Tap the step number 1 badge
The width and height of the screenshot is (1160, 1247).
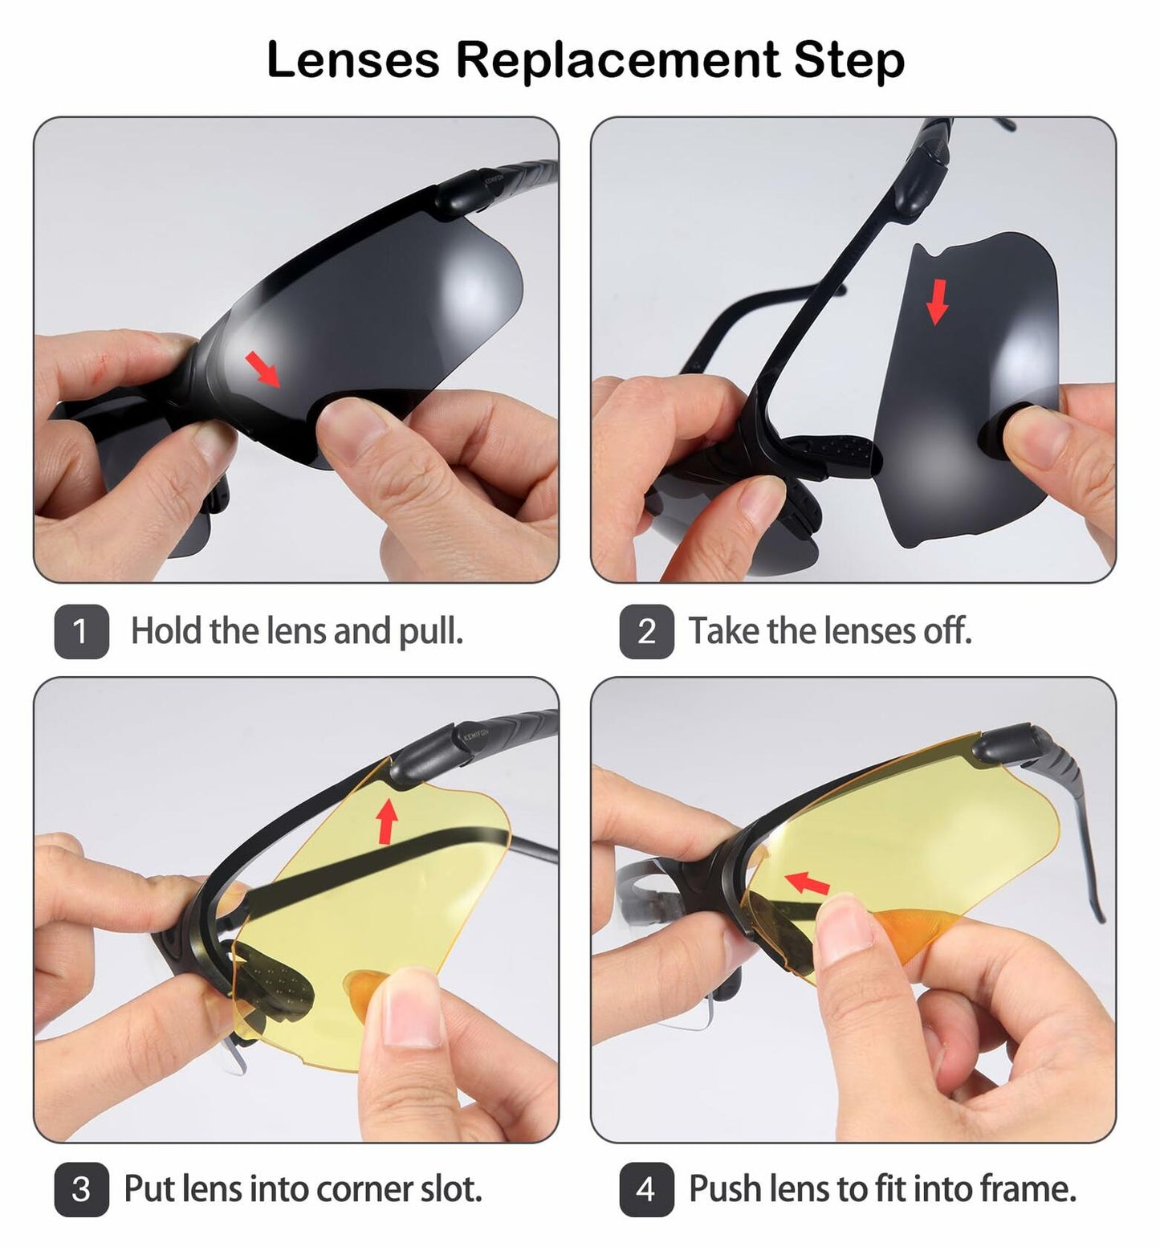pos(81,631)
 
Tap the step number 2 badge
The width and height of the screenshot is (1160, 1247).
pos(646,631)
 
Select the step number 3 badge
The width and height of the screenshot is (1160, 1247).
pos(81,1189)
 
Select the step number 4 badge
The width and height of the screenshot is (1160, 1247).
pos(646,1189)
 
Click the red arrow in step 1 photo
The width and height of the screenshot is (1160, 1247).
pos(263,369)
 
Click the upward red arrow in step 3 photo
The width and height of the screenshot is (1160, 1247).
pos(387,821)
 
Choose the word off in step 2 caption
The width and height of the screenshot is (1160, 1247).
pos(946,631)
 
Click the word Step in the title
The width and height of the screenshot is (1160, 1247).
pos(849,60)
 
